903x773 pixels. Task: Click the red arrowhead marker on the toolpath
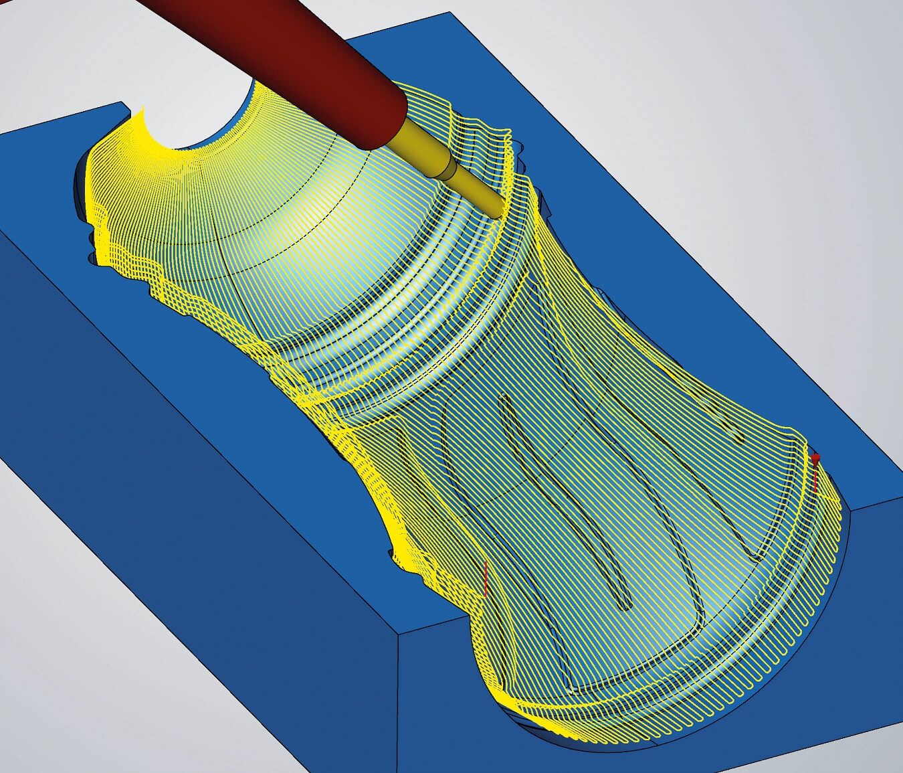click(x=815, y=458)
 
